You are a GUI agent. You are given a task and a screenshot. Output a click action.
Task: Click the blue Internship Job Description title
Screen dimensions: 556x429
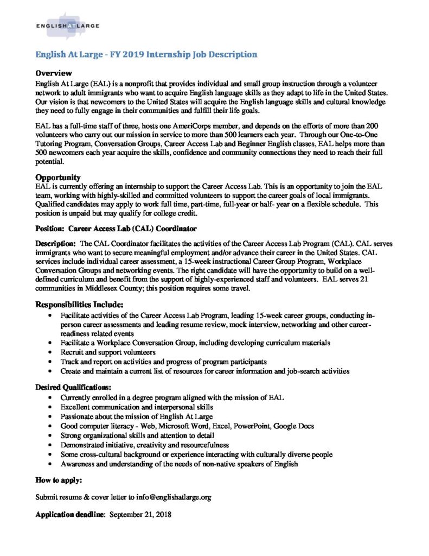[x=146, y=54]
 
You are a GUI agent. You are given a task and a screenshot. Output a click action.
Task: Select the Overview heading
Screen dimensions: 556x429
[x=53, y=73]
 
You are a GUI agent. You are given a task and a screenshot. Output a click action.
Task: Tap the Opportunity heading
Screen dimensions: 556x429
[x=58, y=177]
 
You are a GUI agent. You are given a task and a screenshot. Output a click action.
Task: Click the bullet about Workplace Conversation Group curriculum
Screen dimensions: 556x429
[x=196, y=343]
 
